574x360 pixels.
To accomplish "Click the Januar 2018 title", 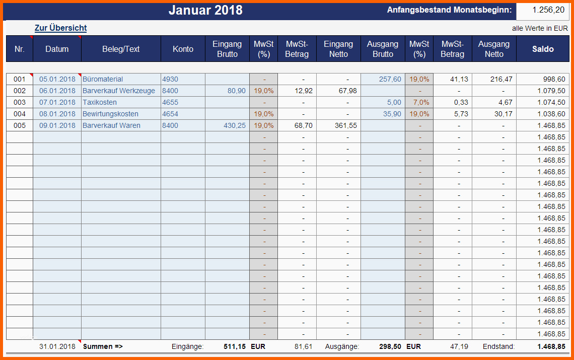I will click(x=205, y=10).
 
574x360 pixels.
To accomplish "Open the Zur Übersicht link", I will click(x=60, y=28).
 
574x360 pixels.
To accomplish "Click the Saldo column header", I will click(x=543, y=49).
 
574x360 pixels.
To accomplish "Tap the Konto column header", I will click(x=183, y=49).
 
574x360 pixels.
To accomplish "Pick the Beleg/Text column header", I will click(x=121, y=49).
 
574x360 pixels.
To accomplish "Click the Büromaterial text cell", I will click(x=103, y=79).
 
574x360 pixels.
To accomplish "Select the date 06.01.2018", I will click(x=57, y=91).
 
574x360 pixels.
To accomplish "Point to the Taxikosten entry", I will click(x=100, y=102).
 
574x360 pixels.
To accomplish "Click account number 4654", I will click(x=170, y=114).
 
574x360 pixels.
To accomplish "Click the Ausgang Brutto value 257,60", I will click(x=390, y=79).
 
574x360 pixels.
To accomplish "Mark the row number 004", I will click(x=19, y=114).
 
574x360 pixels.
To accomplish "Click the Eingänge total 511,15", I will click(x=235, y=346).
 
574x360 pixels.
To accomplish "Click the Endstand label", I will click(x=498, y=346).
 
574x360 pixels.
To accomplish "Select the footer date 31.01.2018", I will click(x=57, y=346).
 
